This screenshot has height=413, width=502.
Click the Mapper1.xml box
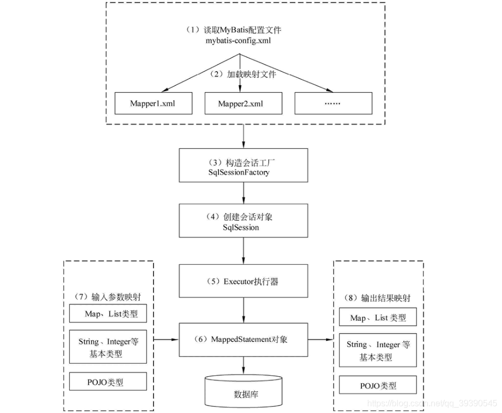click(152, 103)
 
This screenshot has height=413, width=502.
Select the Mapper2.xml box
click(242, 103)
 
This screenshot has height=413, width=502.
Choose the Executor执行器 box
click(244, 281)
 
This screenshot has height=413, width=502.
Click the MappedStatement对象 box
click(244, 339)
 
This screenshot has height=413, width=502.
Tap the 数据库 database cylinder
click(244, 392)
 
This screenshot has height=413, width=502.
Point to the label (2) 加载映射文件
click(244, 74)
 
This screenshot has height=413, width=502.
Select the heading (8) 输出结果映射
click(378, 298)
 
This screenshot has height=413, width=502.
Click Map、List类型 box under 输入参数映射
click(108, 314)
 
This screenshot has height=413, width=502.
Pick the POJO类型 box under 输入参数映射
click(108, 382)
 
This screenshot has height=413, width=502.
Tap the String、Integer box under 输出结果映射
click(378, 351)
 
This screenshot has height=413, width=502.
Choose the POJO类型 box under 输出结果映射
click(378, 385)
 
